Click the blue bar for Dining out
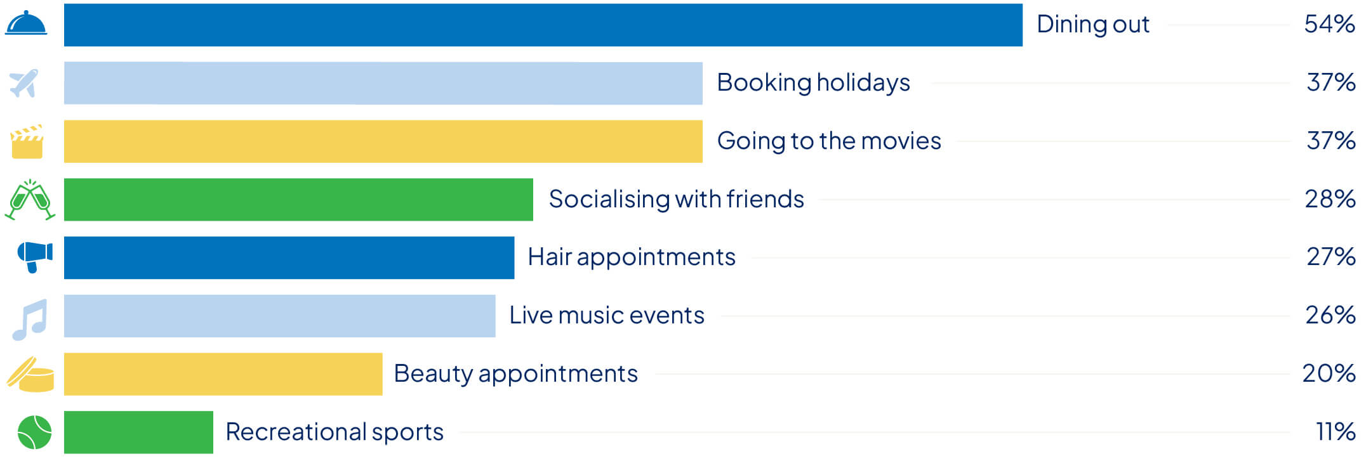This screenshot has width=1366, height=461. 543,25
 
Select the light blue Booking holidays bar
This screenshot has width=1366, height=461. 383,83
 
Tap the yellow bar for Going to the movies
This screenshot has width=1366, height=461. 383,141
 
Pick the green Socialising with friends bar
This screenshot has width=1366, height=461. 298,200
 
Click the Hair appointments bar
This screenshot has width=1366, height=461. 289,257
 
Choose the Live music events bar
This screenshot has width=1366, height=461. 279,316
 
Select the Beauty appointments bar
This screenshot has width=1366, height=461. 223,374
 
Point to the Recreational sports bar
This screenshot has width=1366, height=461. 138,432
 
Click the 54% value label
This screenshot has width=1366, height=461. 1329,24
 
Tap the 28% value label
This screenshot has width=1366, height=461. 1330,199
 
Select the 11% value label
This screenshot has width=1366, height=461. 1336,432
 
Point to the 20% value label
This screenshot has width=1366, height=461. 1329,373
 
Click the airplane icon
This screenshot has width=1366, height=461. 24,83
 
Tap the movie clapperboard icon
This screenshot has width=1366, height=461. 27,141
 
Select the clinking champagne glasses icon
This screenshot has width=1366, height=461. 30,200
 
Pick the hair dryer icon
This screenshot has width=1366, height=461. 34,257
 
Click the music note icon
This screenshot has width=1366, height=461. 30,320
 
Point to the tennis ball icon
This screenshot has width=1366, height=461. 34,432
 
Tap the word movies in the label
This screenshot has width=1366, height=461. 901,141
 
